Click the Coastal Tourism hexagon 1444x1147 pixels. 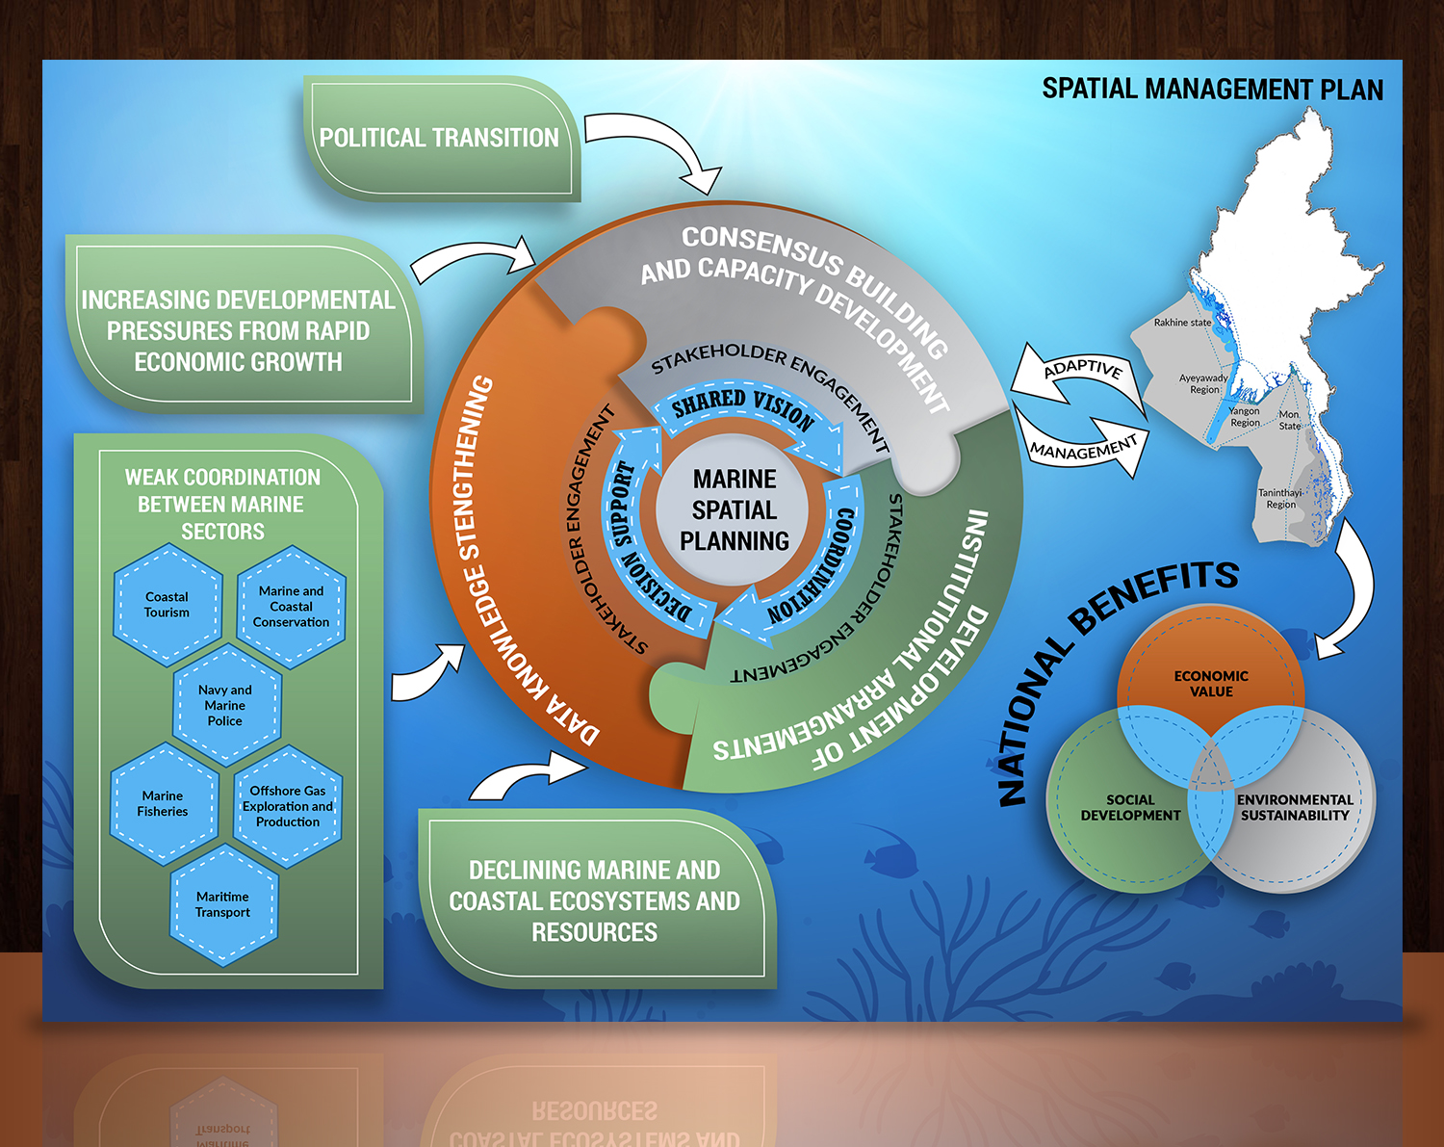pyautogui.click(x=168, y=605)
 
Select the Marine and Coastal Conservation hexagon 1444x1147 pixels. pyautogui.click(x=291, y=607)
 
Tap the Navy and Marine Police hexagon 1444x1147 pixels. pyautogui.click(x=225, y=705)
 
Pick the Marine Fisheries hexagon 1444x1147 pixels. pyautogui.click(x=163, y=804)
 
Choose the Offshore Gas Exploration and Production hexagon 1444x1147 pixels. pyautogui.click(x=288, y=806)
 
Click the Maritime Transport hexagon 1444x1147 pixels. pyautogui.click(x=222, y=904)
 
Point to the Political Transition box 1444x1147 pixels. pyautogui.click(x=441, y=139)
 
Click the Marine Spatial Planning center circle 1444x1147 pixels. pyautogui.click(x=735, y=509)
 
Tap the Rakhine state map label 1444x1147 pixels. pyautogui.click(x=1182, y=323)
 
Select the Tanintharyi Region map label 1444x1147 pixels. pyautogui.click(x=1280, y=498)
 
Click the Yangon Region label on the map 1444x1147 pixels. pyautogui.click(x=1244, y=416)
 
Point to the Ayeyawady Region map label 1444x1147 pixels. pyautogui.click(x=1203, y=383)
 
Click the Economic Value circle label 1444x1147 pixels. pyautogui.click(x=1211, y=684)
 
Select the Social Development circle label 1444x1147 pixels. pyautogui.click(x=1130, y=807)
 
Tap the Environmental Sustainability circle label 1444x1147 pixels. pyautogui.click(x=1295, y=807)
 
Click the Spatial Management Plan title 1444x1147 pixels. pyautogui.click(x=1212, y=90)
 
